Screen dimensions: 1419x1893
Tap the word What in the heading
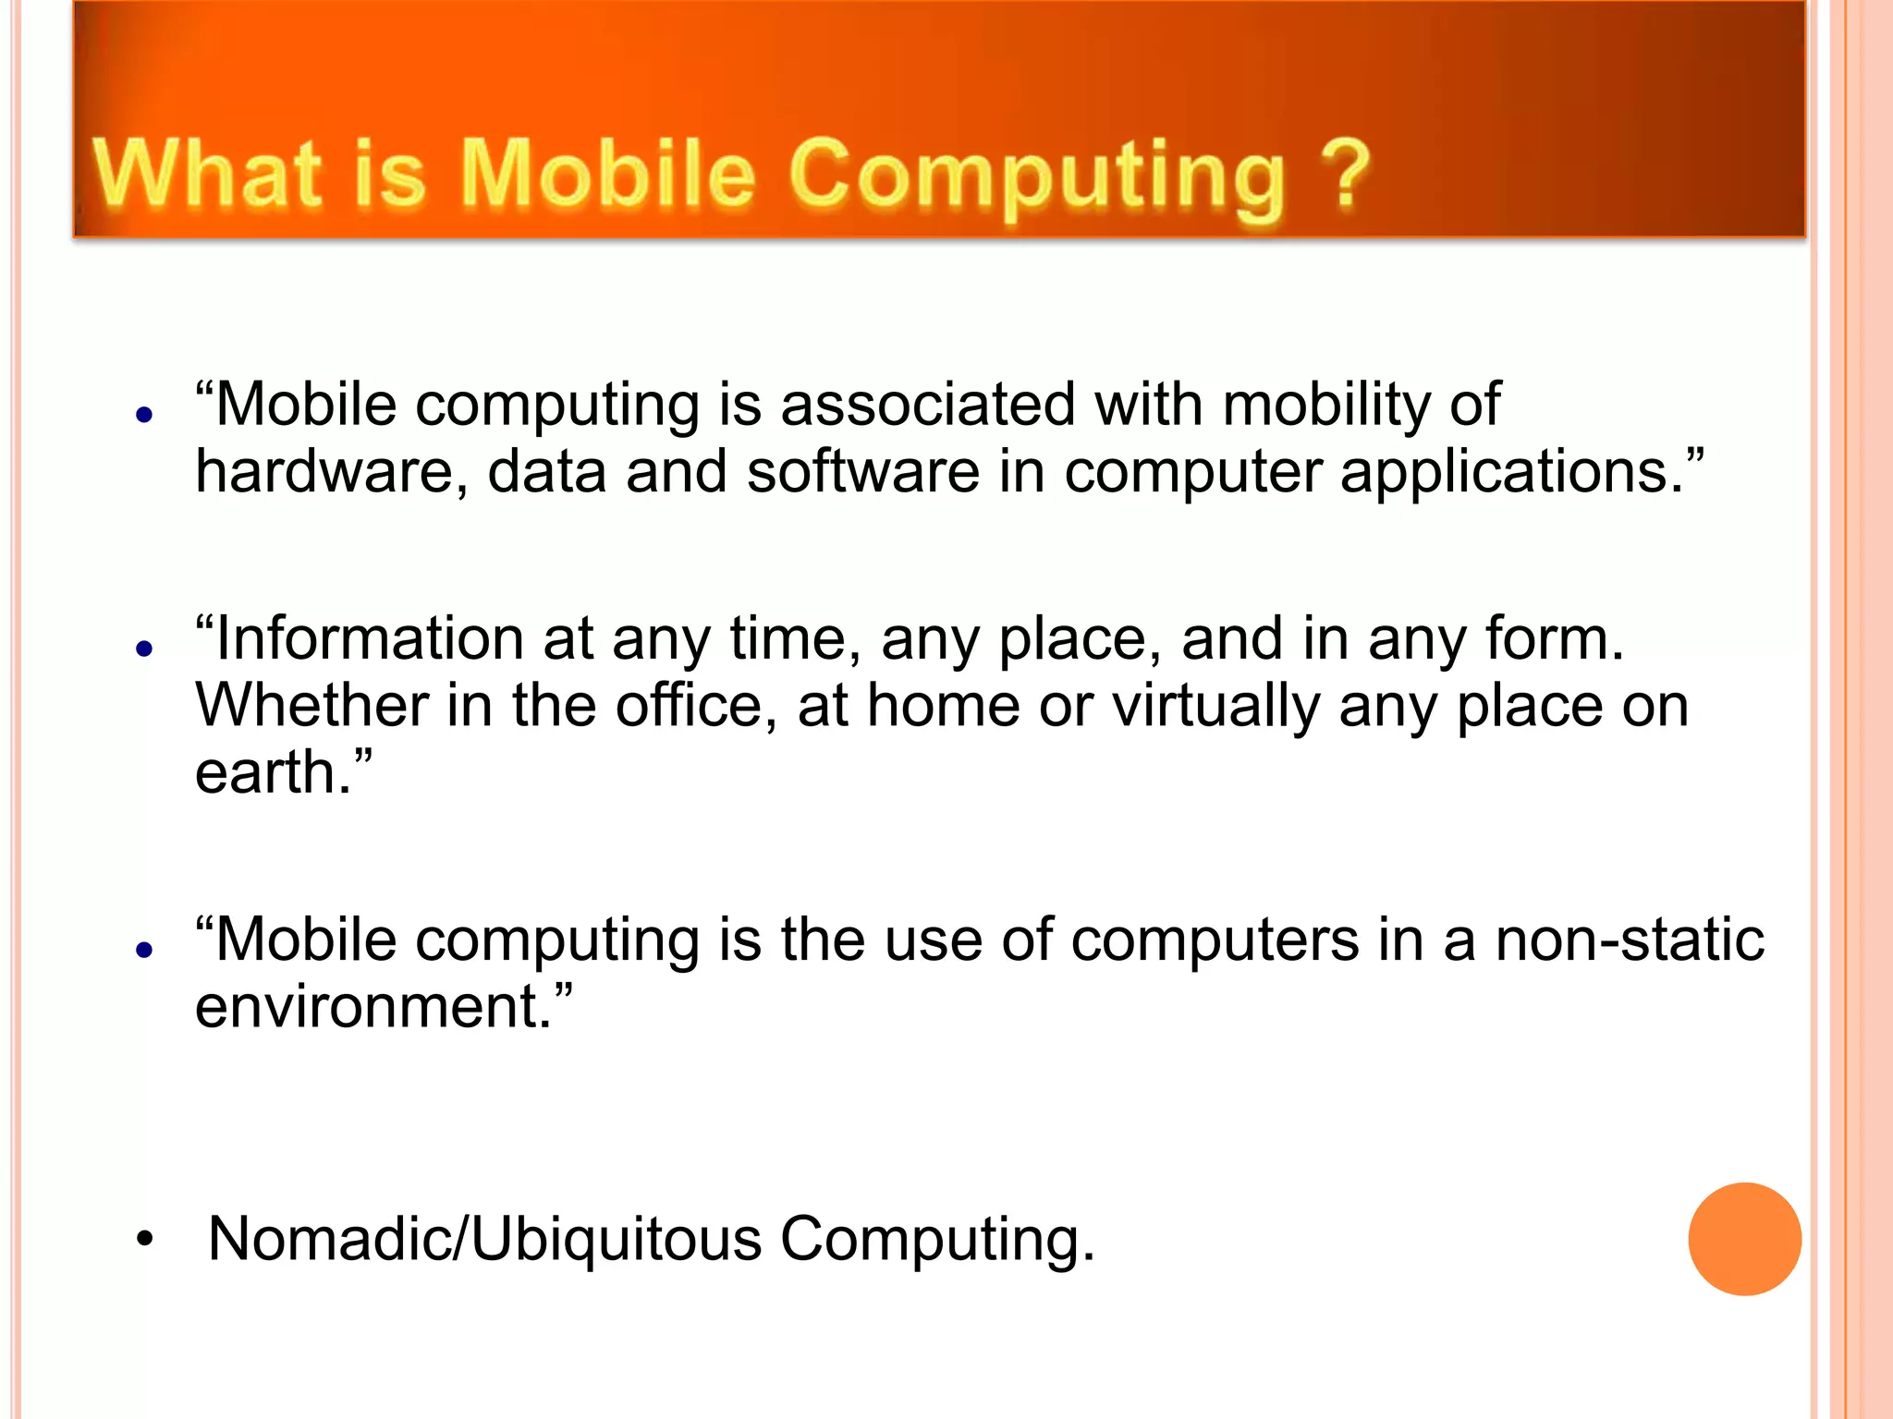coord(207,173)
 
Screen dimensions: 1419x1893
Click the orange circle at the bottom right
coord(1744,1239)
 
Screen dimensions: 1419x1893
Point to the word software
coord(862,472)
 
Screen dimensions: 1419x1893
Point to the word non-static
coord(1629,940)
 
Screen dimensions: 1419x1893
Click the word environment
coord(365,1007)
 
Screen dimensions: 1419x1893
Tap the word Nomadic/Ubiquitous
coord(484,1239)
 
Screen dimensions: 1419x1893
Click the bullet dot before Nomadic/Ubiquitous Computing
coord(143,1240)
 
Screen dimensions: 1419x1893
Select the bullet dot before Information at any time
coord(143,649)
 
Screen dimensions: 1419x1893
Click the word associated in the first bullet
coord(927,405)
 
